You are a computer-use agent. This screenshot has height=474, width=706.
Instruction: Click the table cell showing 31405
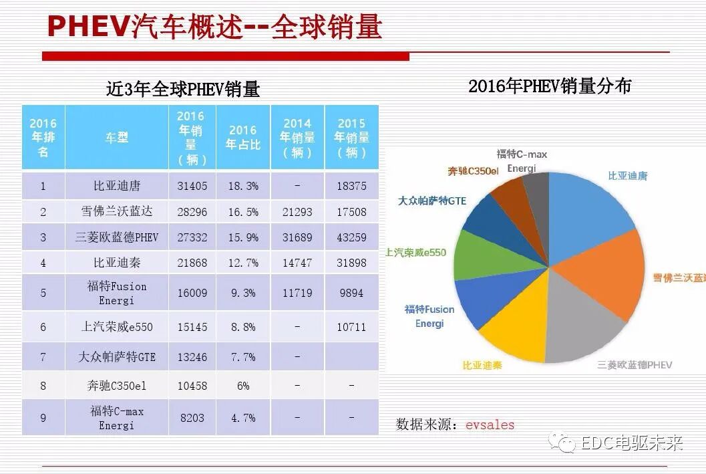click(x=191, y=186)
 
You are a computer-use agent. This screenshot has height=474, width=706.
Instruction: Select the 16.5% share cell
click(x=242, y=212)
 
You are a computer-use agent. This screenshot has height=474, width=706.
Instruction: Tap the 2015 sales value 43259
click(x=351, y=237)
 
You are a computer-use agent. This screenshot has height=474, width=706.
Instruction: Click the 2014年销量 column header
click(x=297, y=138)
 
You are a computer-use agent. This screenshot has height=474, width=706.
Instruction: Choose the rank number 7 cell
click(x=43, y=357)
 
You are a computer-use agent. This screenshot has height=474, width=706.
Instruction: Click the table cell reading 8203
click(x=191, y=418)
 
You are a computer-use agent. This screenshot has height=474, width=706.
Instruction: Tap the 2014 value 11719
click(x=297, y=293)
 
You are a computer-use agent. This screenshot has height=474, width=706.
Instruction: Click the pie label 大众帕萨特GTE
click(x=431, y=201)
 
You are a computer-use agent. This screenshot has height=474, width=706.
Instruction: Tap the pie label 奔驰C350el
click(x=473, y=171)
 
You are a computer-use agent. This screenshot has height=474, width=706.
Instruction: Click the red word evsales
click(x=490, y=425)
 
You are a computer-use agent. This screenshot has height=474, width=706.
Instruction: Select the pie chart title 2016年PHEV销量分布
click(x=549, y=86)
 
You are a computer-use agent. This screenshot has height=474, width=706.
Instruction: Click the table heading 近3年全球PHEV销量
click(x=182, y=89)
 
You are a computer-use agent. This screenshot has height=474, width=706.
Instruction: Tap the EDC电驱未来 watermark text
click(x=631, y=443)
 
